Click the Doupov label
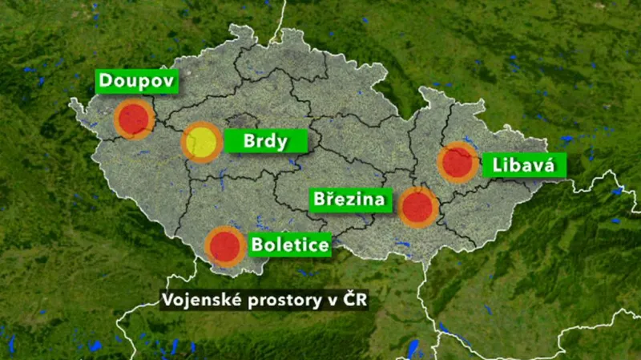click(x=135, y=81)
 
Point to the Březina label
click(x=350, y=200)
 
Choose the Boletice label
click(x=290, y=243)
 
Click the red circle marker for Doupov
click(x=133, y=119)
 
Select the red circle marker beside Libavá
click(x=457, y=162)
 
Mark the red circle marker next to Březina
click(x=417, y=207)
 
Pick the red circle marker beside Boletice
click(x=225, y=246)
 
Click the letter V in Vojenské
click(x=167, y=301)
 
